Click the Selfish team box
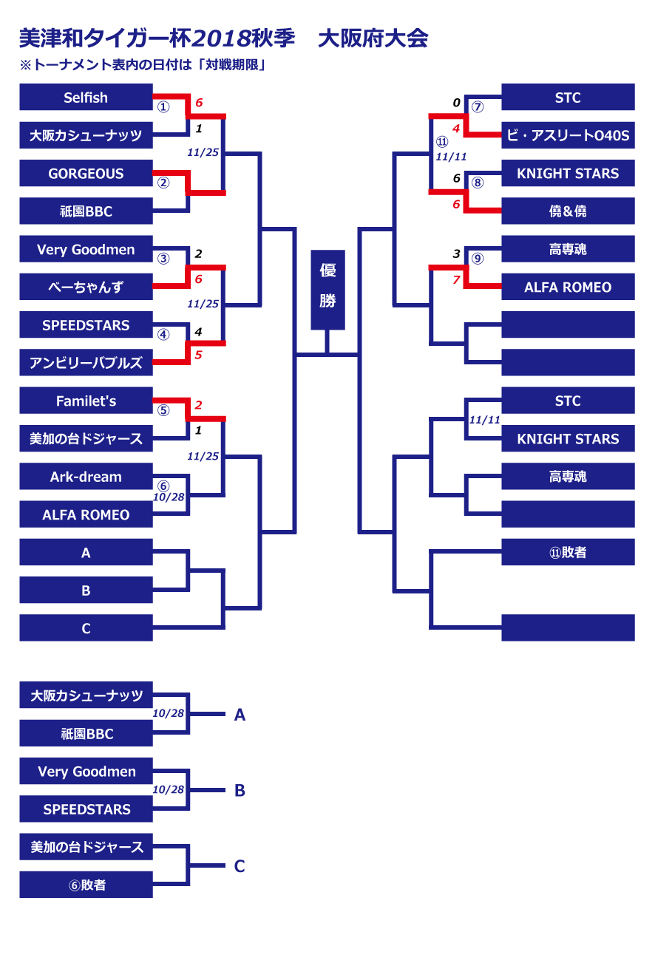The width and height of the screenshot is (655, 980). (86, 98)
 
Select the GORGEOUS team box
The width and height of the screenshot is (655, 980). (86, 174)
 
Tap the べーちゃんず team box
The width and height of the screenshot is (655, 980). (86, 287)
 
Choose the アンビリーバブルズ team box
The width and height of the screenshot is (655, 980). (86, 363)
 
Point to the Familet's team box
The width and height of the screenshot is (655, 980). (86, 401)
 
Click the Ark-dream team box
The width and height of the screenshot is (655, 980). (86, 477)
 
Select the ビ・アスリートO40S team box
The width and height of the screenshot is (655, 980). (568, 135)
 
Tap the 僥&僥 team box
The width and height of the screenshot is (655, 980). (568, 211)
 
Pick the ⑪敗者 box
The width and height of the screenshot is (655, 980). (568, 552)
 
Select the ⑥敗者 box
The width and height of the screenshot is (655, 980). (86, 885)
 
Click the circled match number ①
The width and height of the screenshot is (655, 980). (163, 107)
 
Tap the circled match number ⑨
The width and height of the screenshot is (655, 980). (478, 259)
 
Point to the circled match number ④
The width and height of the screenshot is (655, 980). (163, 334)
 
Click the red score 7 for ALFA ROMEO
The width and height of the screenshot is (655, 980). (456, 280)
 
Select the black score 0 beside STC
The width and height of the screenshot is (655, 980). (456, 103)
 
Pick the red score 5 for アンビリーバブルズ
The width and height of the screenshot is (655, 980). (198, 355)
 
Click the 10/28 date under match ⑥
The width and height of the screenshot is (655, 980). (168, 497)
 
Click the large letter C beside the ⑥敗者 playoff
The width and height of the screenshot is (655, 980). (240, 866)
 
